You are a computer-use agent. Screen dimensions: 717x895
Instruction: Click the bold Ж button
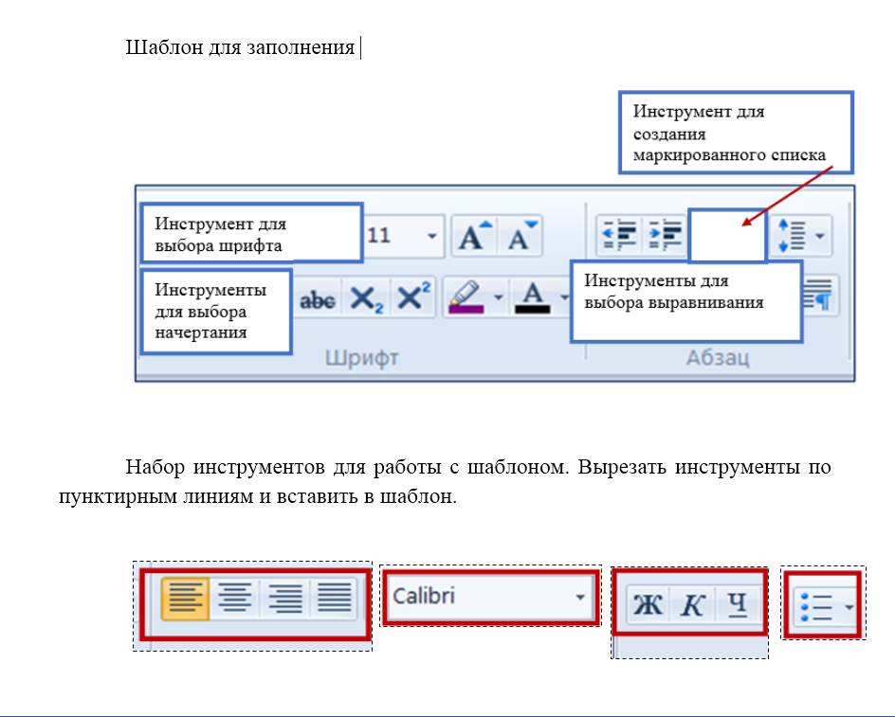pos(648,603)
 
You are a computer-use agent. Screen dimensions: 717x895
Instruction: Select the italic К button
pos(693,603)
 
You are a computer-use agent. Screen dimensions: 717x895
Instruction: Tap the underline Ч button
pos(737,603)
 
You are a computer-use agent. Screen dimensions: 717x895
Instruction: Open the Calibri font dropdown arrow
pos(579,598)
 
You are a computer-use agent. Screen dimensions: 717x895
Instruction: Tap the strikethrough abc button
pos(317,299)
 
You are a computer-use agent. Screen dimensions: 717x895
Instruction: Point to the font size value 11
pos(379,236)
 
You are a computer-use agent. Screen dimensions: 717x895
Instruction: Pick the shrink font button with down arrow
pos(519,237)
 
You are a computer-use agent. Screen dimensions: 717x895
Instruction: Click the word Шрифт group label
pos(362,358)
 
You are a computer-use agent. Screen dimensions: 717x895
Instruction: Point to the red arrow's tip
pos(743,226)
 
